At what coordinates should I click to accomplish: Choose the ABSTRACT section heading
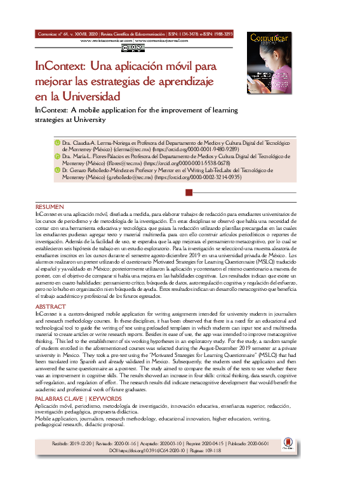pos(50,306)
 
